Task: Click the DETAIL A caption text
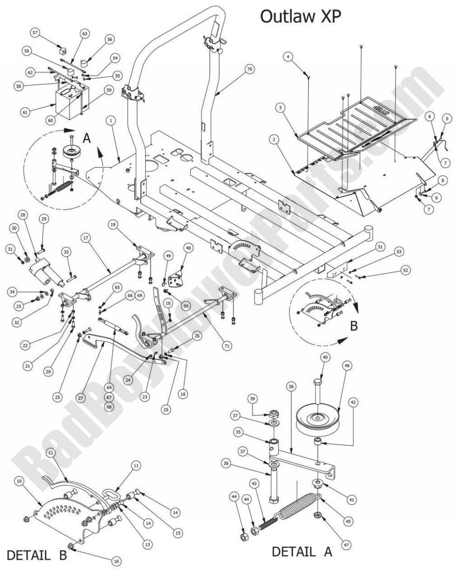pyautogui.click(x=302, y=552)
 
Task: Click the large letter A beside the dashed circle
pyautogui.click(x=86, y=138)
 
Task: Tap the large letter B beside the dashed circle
pyautogui.click(x=354, y=326)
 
